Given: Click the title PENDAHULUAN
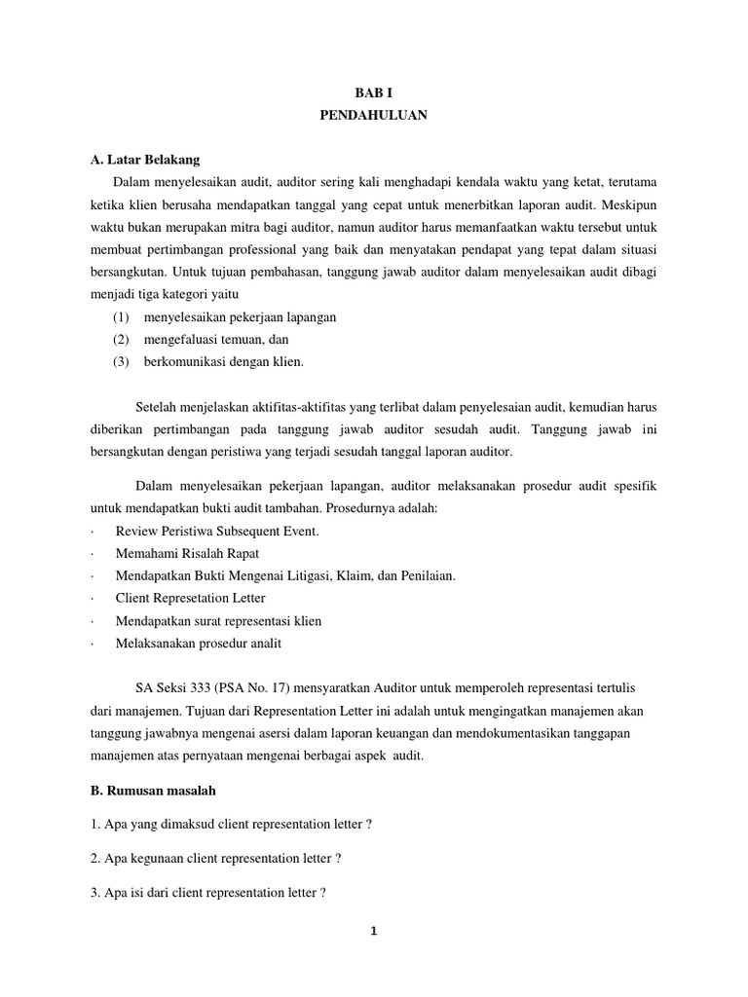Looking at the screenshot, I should pyautogui.click(x=373, y=115).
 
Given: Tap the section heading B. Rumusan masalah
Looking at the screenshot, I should pyautogui.click(x=152, y=791).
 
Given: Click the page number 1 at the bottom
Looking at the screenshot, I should pyautogui.click(x=373, y=930).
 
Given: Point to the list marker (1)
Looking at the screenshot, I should pyautogui.click(x=121, y=317).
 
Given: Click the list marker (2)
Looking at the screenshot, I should pyautogui.click(x=121, y=340).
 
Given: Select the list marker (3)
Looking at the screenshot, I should pyautogui.click(x=121, y=362).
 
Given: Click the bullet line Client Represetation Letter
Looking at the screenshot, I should pyautogui.click(x=190, y=598).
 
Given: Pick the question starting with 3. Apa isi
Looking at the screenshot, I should pyautogui.click(x=213, y=891).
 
